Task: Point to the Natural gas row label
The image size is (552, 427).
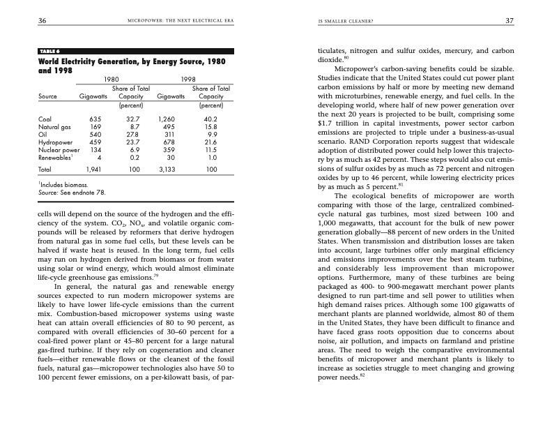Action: pos(52,126)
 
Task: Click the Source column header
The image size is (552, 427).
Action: pos(47,96)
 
